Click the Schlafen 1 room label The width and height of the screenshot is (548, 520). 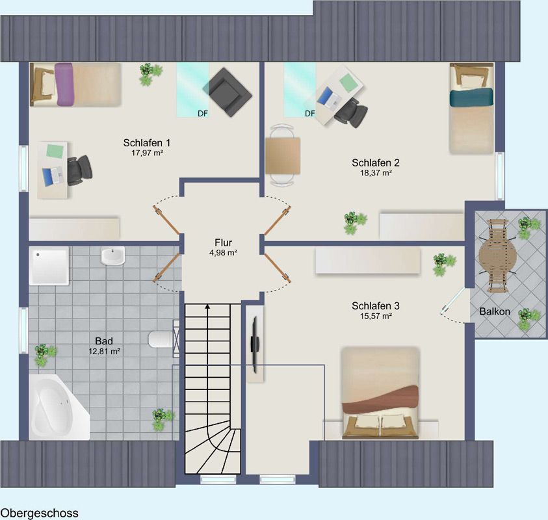[x=147, y=142]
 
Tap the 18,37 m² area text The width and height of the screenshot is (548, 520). [x=376, y=173]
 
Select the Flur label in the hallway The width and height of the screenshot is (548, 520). [x=224, y=242]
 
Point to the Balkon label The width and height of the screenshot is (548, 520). [x=495, y=311]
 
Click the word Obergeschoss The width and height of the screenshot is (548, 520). [x=40, y=513]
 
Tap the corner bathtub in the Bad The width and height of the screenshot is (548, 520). [x=58, y=408]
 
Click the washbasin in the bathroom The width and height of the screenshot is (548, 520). [x=112, y=256]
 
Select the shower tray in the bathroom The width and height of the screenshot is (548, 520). [x=49, y=266]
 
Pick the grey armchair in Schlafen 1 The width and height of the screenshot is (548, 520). [x=227, y=92]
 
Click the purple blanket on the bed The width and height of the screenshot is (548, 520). [x=64, y=84]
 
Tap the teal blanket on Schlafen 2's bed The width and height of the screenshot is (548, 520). [x=471, y=97]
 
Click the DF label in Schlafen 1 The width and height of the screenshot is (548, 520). [x=203, y=113]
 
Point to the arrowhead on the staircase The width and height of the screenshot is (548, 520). [x=207, y=307]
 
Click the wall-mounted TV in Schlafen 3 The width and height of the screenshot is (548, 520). [x=254, y=344]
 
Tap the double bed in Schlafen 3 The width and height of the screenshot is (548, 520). [x=380, y=393]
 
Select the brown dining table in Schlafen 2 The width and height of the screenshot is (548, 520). [x=283, y=155]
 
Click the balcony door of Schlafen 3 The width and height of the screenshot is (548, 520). [x=454, y=300]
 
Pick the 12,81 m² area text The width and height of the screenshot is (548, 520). [x=104, y=351]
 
